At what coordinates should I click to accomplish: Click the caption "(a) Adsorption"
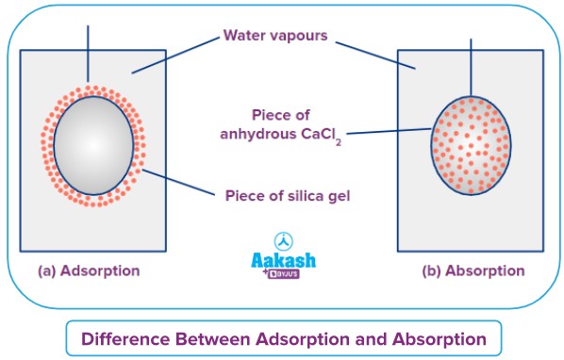point(89,270)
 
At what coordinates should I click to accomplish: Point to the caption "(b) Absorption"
point(473,270)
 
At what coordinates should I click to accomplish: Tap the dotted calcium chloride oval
point(470,143)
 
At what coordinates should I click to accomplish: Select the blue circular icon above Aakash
point(281,241)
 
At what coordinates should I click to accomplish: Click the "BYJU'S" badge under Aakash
point(287,276)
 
